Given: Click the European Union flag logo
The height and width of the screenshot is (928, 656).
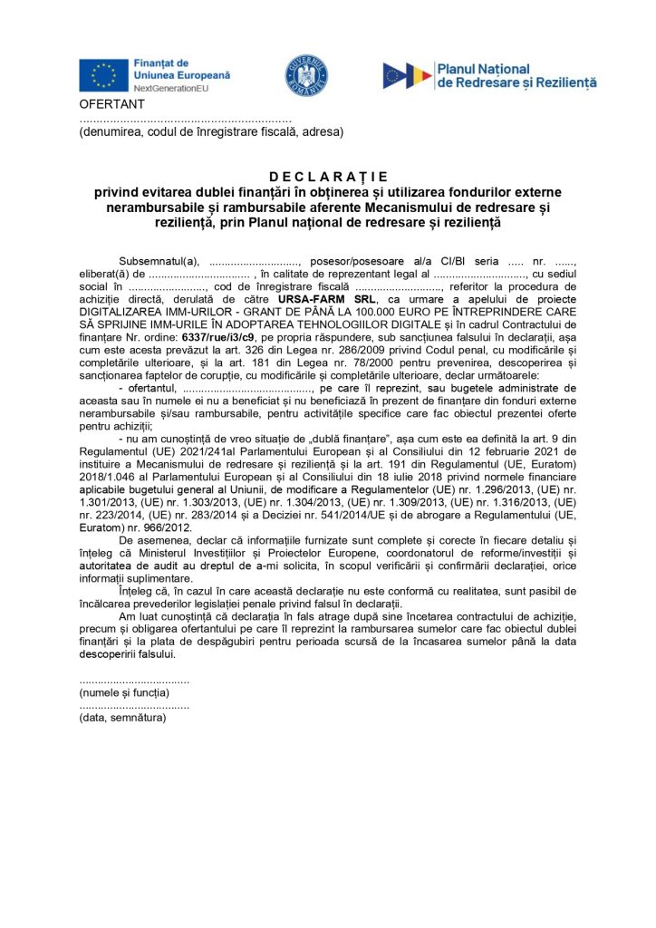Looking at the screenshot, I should click(103, 74).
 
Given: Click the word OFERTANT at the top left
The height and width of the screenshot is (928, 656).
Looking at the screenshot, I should click(106, 105).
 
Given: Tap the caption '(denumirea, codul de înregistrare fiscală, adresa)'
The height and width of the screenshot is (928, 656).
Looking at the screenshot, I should click(211, 131).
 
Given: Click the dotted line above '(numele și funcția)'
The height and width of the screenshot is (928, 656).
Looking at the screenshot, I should click(134, 681).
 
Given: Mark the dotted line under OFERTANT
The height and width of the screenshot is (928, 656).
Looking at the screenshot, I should click(185, 120).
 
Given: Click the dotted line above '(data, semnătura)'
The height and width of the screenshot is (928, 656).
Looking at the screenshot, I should click(134, 705).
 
